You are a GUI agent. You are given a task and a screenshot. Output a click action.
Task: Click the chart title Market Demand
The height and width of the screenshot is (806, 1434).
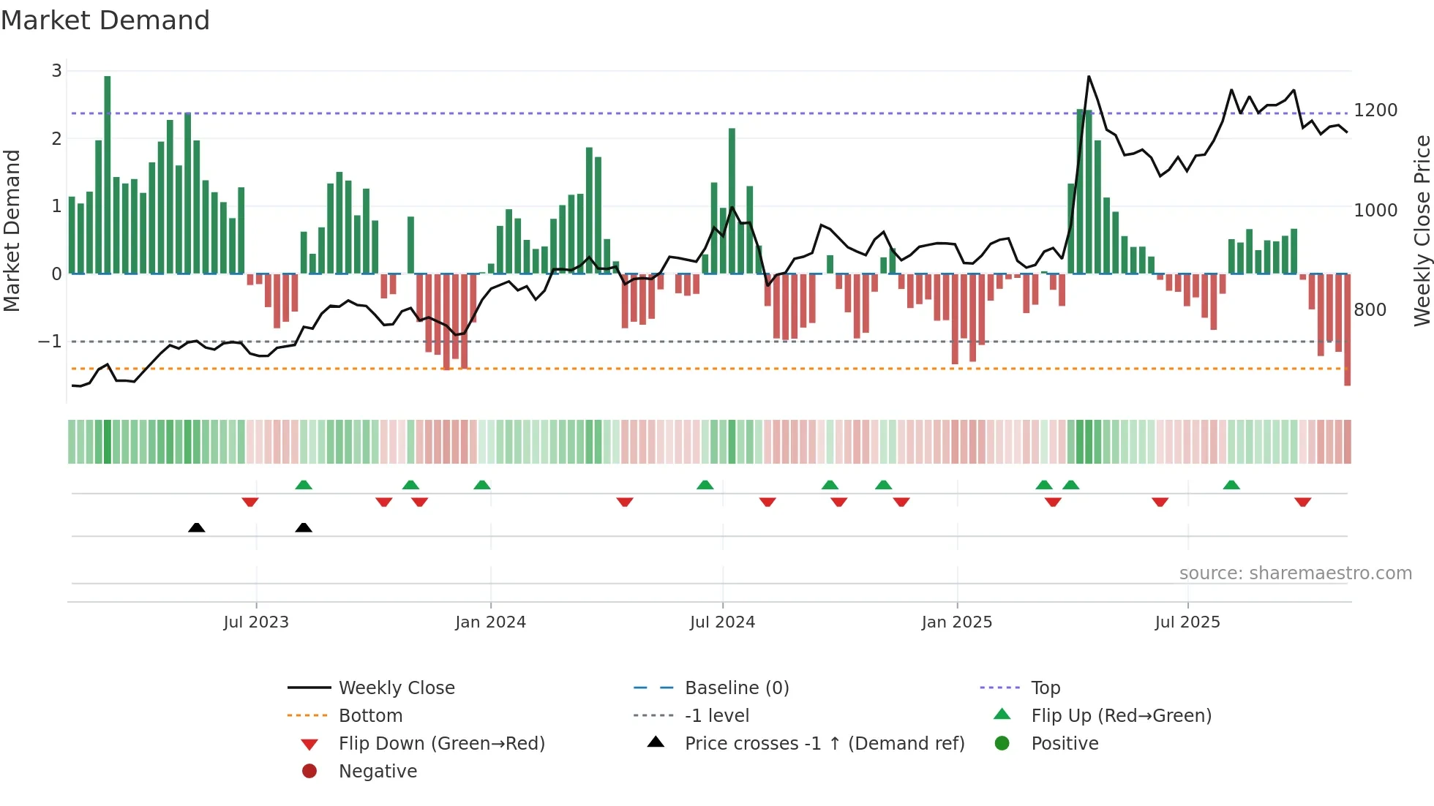(105, 20)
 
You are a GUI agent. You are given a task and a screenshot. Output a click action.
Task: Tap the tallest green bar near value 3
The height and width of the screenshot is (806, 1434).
(108, 176)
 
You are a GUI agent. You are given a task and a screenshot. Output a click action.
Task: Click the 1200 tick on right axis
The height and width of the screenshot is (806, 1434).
(1375, 110)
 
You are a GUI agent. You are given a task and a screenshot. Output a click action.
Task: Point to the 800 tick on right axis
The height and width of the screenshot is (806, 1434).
(1370, 310)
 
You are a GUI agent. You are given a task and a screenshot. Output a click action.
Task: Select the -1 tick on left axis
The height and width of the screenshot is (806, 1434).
(50, 342)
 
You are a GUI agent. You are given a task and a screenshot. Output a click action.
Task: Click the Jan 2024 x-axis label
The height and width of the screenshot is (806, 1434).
(490, 622)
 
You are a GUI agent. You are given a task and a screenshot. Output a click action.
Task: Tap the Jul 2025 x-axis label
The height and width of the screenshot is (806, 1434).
(1187, 622)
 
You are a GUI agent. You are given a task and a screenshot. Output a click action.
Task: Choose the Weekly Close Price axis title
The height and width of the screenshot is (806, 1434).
(1422, 230)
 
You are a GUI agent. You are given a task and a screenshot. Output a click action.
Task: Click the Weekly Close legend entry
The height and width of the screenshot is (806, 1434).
(396, 688)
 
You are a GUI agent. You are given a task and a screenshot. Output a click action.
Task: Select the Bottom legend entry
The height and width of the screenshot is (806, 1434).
(370, 716)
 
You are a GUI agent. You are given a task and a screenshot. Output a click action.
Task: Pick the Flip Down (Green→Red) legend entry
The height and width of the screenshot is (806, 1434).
(441, 744)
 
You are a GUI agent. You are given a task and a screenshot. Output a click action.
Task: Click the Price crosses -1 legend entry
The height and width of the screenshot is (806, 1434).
(824, 744)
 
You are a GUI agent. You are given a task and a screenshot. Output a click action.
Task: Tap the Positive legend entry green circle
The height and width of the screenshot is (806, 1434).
(1002, 744)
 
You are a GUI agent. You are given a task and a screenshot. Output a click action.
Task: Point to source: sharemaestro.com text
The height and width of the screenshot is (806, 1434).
(1295, 573)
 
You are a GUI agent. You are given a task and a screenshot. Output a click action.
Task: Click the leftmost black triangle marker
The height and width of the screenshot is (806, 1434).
(196, 527)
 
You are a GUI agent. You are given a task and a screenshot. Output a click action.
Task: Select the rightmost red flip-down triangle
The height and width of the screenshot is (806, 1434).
(1302, 502)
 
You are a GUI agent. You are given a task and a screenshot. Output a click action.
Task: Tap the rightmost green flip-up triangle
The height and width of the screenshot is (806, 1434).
(1231, 485)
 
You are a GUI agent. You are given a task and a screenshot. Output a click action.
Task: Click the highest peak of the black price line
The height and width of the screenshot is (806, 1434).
(1089, 77)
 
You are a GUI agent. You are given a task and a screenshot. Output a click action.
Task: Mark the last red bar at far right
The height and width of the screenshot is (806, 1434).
(1347, 329)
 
